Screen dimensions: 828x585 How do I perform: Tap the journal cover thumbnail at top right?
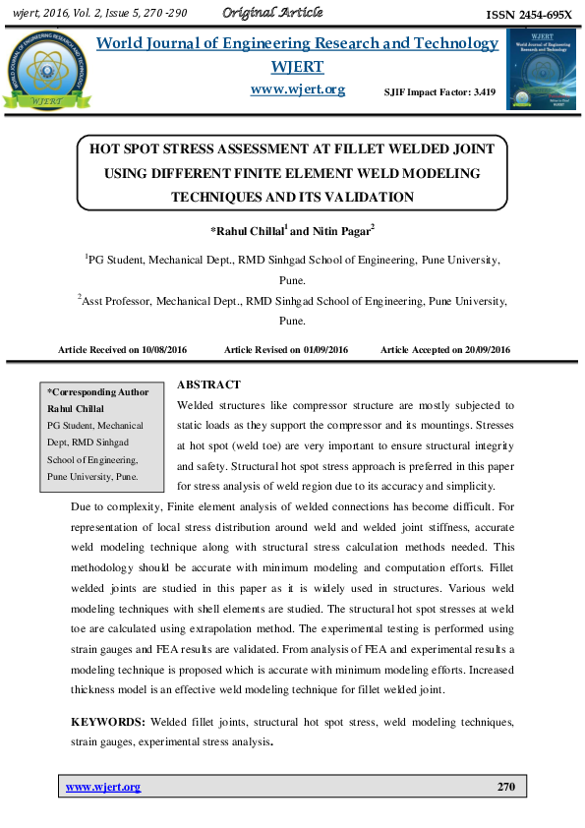point(540,68)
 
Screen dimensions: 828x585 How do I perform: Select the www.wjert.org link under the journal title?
point(298,89)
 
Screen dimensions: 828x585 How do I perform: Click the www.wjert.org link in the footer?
point(102,787)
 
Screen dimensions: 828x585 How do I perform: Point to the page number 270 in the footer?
point(506,787)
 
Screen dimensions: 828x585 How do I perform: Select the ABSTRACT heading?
point(208,384)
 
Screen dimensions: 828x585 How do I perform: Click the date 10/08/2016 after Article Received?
point(164,350)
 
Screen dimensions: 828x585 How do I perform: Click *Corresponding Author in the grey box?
point(98,392)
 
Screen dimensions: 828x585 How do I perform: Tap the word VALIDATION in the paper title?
point(365,197)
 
